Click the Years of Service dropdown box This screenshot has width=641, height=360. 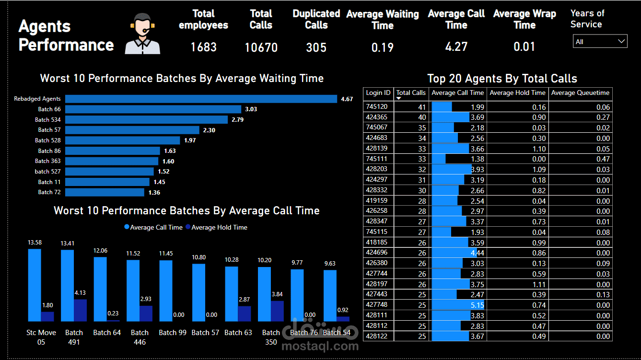(600, 42)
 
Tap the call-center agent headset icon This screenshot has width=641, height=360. (142, 34)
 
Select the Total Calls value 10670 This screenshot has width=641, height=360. (261, 47)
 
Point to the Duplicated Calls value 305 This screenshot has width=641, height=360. (316, 47)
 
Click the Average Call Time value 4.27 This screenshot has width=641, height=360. (456, 46)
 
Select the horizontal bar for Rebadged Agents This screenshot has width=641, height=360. (201, 99)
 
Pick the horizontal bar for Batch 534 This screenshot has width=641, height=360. (146, 119)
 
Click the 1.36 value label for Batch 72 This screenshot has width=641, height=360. (154, 192)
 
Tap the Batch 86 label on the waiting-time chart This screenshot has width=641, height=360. (49, 151)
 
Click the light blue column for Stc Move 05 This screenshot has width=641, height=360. (35, 285)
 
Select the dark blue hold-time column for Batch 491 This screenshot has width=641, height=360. (80, 310)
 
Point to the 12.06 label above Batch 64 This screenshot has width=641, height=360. (100, 251)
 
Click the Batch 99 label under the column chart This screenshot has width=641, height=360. (173, 332)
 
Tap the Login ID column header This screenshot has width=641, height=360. (378, 93)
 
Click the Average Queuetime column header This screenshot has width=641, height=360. (580, 93)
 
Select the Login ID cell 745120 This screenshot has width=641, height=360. (377, 106)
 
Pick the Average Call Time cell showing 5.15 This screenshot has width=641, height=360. (458, 305)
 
